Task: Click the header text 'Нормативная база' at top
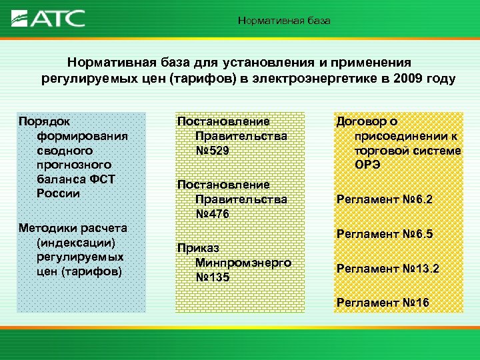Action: [284, 21]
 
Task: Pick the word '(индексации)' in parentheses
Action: [77, 241]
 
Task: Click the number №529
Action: [212, 151]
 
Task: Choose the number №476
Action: [212, 213]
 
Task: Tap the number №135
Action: [212, 276]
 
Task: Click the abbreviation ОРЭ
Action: [367, 165]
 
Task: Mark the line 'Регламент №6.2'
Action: [385, 199]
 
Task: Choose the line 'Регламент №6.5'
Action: [385, 234]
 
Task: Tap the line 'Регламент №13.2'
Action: [387, 269]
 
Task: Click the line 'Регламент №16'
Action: [383, 303]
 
